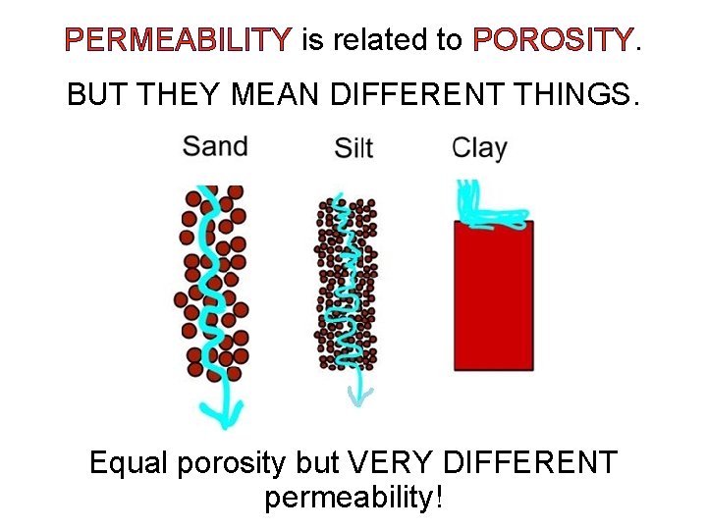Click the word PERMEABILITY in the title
point(178,40)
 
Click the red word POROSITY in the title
point(553,40)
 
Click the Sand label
point(215,147)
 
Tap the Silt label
point(353,149)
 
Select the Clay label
point(479,148)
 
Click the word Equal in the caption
point(129,462)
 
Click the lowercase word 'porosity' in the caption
point(235,462)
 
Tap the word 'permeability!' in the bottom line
point(353,497)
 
